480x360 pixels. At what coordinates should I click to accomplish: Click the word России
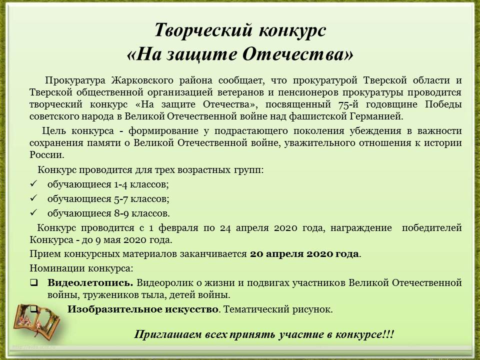pos(47,155)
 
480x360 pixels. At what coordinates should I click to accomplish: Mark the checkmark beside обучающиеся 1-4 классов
pos(33,183)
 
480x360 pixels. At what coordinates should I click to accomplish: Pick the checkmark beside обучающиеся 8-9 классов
pos(33,212)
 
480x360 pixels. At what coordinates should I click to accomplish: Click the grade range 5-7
pos(121,199)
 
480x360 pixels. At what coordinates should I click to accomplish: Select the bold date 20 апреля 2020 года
pos(304,254)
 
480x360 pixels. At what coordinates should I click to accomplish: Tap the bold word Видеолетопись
pos(90,282)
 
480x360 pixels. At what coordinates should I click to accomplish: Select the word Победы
pos(443,104)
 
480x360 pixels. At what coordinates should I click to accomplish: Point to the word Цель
pos(54,131)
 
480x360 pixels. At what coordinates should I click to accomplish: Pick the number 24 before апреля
pos(225,228)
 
